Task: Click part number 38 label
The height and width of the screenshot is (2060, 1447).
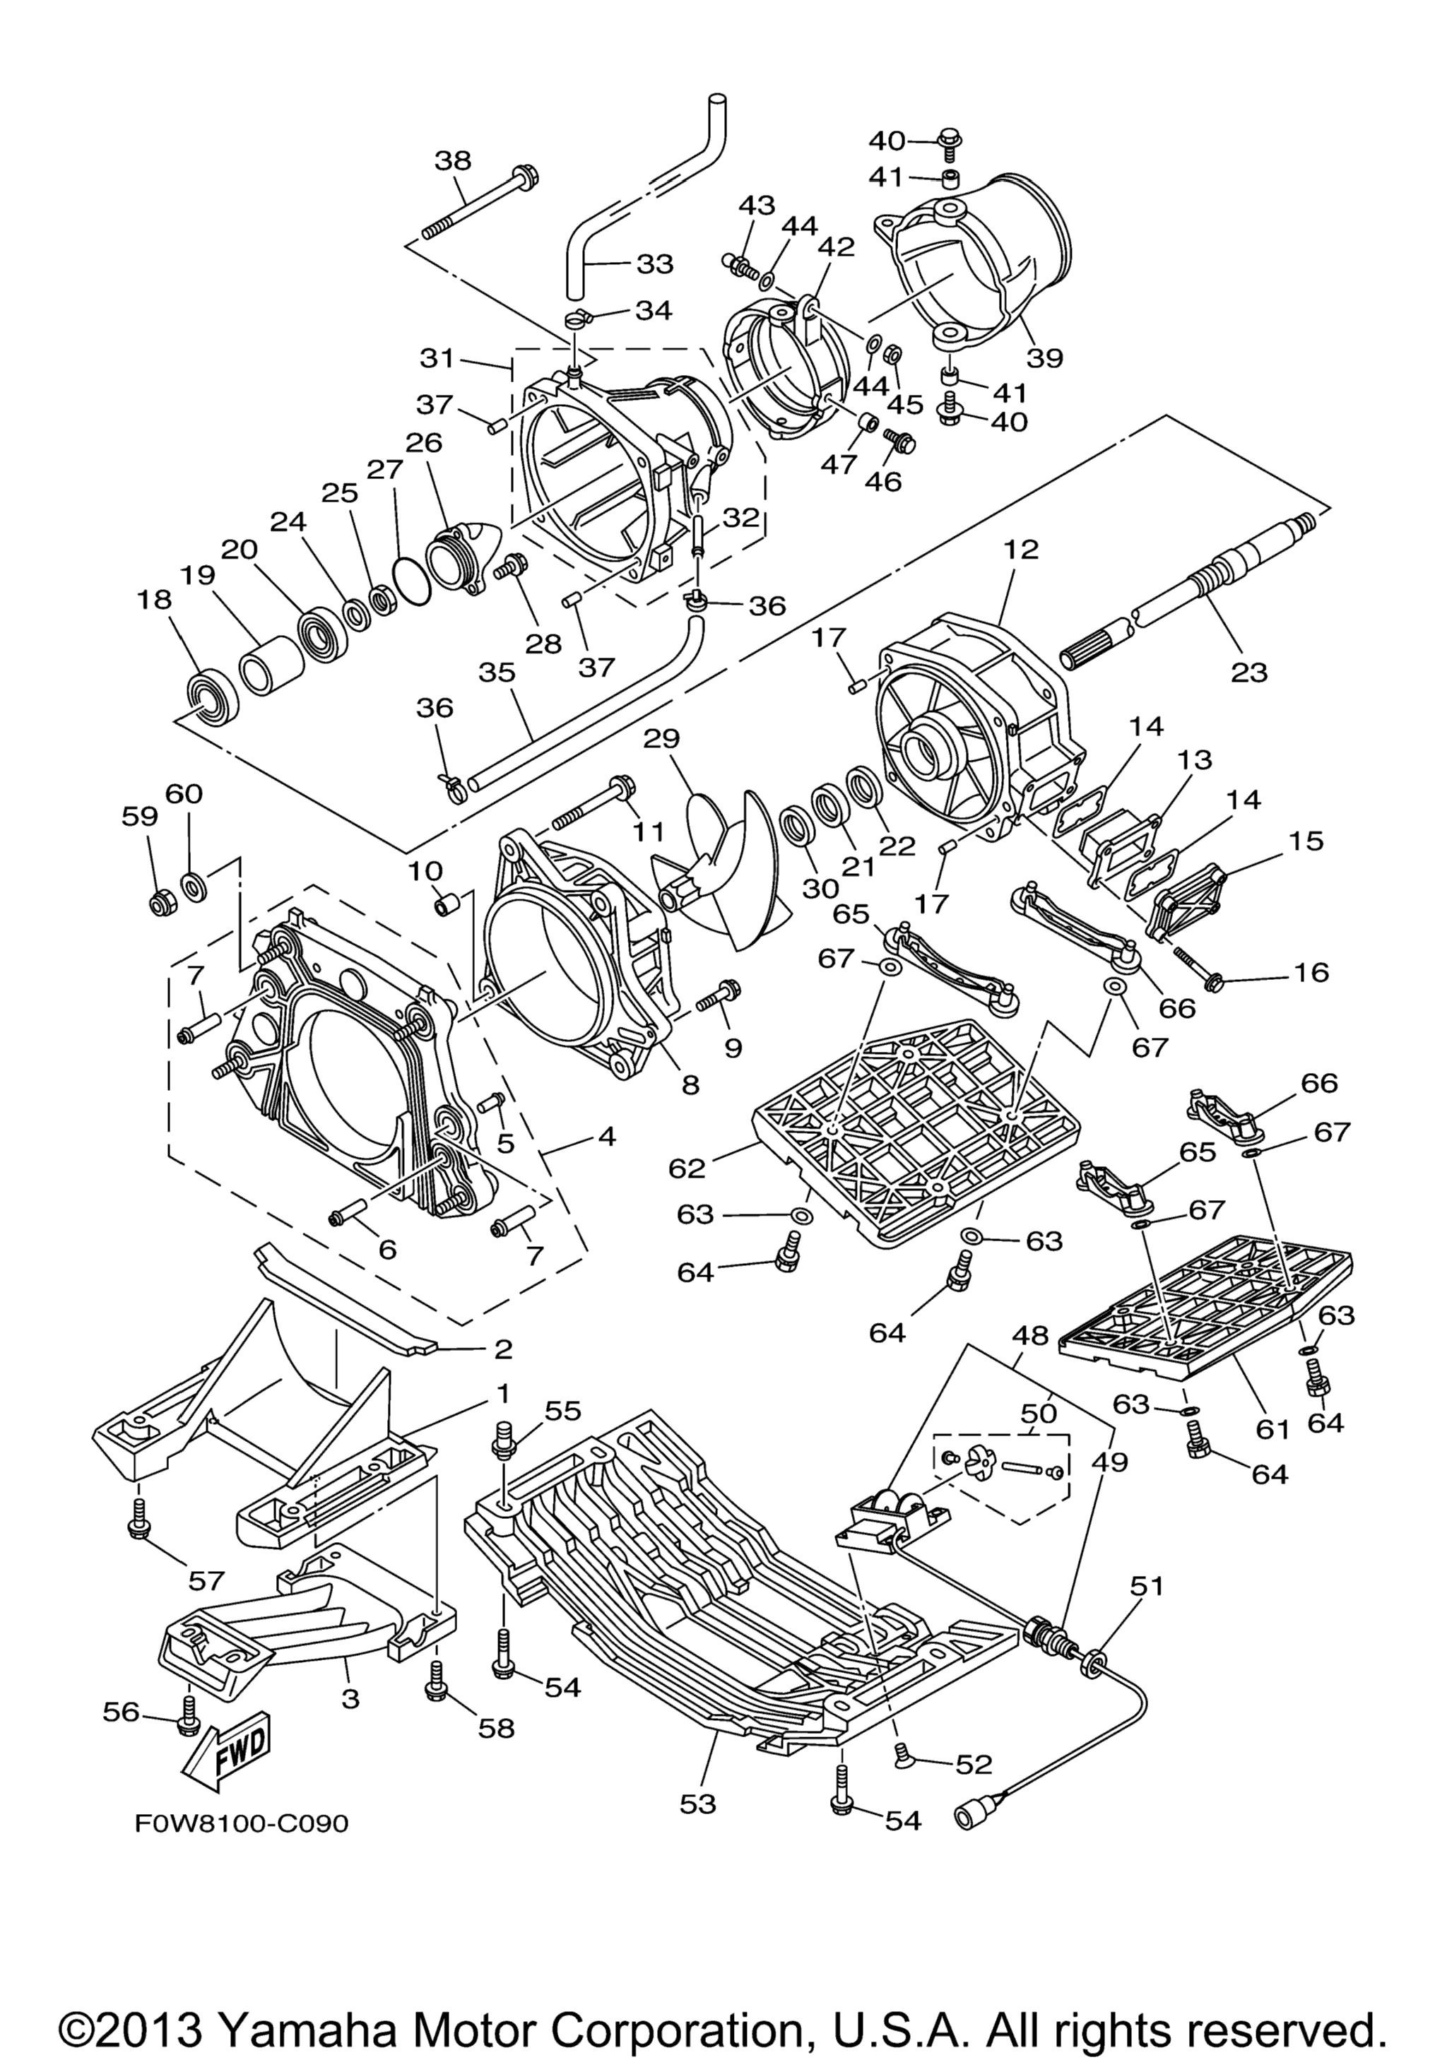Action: pyautogui.click(x=453, y=162)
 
